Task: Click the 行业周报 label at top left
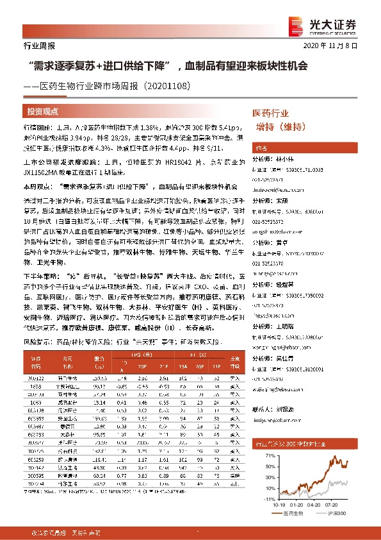point(26,46)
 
